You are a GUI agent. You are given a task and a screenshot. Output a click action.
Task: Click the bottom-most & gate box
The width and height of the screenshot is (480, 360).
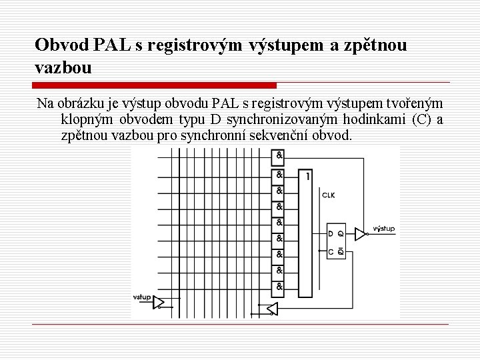[279, 287]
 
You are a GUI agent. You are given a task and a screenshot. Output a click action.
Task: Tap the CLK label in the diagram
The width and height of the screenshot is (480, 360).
[328, 195]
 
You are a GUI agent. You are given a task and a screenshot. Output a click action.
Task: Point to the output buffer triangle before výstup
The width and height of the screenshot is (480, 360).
[360, 233]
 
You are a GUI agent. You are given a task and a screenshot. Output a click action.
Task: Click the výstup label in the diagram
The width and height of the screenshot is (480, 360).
[383, 229]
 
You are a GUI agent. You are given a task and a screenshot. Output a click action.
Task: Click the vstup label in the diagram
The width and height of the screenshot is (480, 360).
[141, 297]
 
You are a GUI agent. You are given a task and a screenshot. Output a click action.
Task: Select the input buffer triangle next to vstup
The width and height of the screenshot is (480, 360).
[159, 303]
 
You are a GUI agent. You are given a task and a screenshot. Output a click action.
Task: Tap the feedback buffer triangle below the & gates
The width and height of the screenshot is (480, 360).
[271, 308]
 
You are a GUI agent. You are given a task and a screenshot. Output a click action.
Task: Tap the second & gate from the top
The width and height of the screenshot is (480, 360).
[279, 175]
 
